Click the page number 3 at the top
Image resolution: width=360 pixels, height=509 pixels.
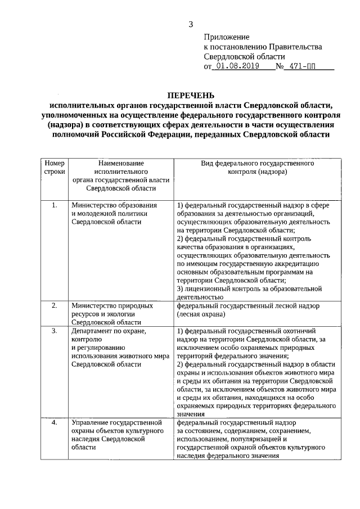click(191, 24)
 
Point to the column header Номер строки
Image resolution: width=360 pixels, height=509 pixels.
click(55, 167)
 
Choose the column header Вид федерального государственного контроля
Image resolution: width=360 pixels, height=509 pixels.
click(257, 167)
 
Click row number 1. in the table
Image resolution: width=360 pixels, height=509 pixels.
click(55, 205)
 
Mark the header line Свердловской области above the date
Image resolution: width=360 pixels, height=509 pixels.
click(244, 56)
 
